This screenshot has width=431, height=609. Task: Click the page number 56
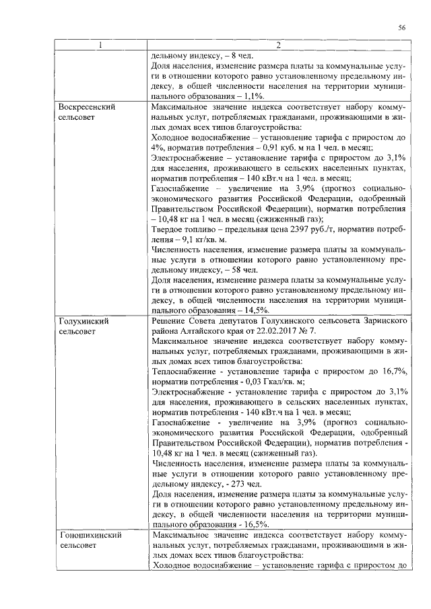401,27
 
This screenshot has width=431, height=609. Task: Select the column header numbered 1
102,46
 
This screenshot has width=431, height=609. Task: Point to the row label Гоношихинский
90,536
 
